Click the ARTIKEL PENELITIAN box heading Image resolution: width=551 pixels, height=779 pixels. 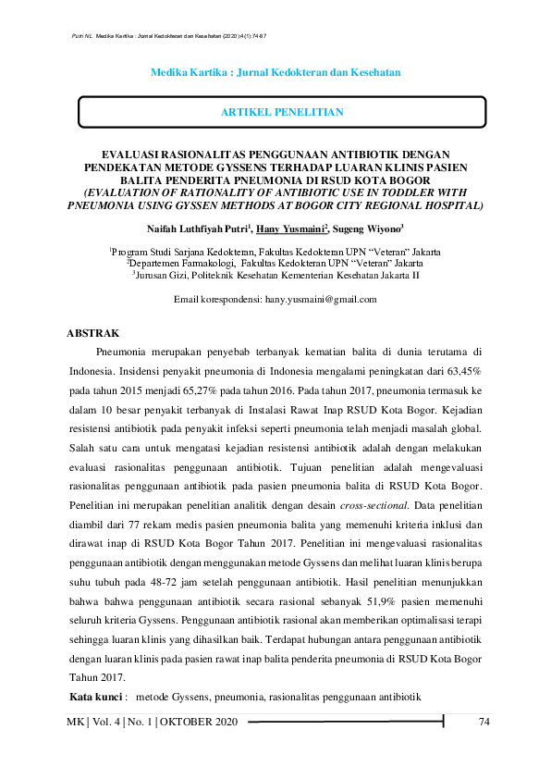pyautogui.click(x=283, y=112)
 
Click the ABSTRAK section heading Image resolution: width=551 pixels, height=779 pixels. pyautogui.click(x=94, y=333)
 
